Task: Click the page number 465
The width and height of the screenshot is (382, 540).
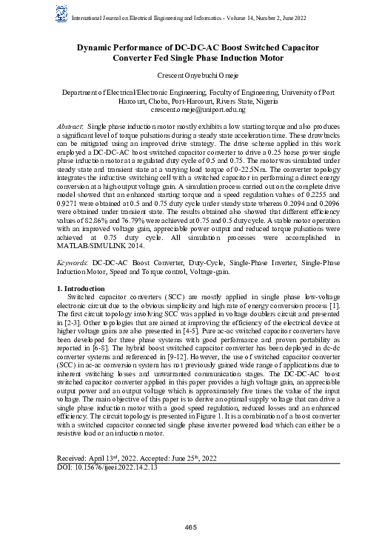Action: (x=191, y=526)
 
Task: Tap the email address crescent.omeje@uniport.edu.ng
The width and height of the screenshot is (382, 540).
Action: (x=191, y=109)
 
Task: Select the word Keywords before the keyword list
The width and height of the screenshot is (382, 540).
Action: (x=72, y=263)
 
